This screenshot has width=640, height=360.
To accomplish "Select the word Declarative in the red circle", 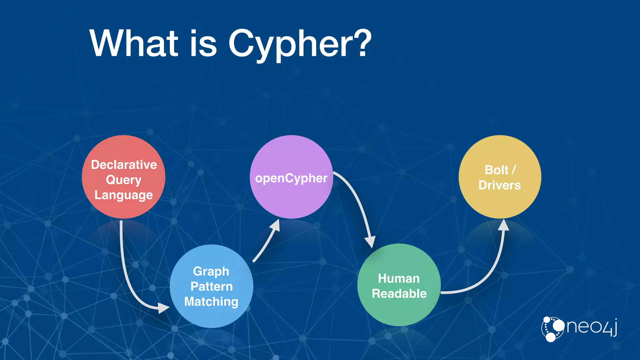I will [x=124, y=165].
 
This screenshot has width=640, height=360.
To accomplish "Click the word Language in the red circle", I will [x=124, y=195].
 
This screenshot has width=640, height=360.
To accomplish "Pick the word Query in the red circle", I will [x=124, y=180].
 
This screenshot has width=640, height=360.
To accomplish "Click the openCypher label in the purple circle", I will [x=291, y=178].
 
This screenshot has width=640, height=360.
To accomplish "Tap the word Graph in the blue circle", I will [x=211, y=271].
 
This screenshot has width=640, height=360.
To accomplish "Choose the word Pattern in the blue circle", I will [x=212, y=286].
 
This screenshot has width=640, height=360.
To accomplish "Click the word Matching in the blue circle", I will [x=211, y=302].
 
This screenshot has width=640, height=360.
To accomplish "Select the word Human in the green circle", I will [x=399, y=278].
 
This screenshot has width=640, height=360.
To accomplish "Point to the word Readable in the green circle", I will [x=399, y=294].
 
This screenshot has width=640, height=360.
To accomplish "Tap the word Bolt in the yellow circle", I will [x=496, y=170].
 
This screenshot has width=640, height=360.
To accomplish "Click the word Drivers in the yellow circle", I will [x=499, y=185].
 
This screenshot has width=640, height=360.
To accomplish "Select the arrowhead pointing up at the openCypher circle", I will [x=275, y=225].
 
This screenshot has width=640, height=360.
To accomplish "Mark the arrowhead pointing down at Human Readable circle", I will [x=370, y=242].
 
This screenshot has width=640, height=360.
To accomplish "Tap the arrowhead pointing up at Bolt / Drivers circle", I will [x=503, y=225].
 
